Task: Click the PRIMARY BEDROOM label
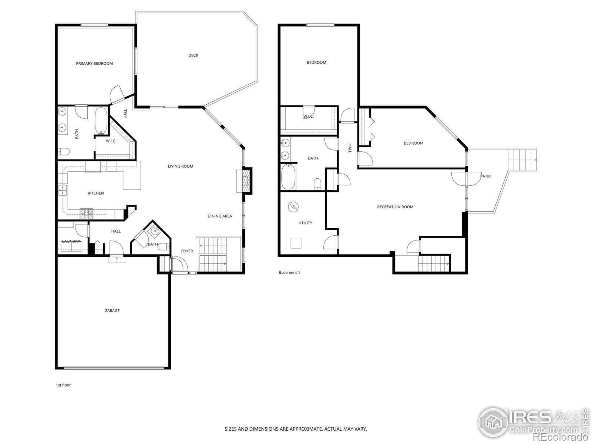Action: click(x=94, y=64)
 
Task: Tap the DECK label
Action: click(x=193, y=55)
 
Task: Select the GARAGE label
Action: click(x=112, y=310)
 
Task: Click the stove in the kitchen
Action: click(x=86, y=214)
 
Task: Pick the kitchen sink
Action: click(x=63, y=190)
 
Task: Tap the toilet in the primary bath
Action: click(x=63, y=151)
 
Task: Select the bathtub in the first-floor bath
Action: click(x=101, y=121)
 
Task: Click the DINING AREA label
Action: click(x=219, y=216)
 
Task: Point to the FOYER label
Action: click(x=187, y=251)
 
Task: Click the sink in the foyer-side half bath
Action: click(x=155, y=231)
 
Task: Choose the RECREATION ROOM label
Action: click(x=395, y=207)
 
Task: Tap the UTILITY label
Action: click(x=305, y=223)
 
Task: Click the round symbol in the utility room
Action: click(x=293, y=207)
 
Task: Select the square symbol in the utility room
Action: click(x=296, y=243)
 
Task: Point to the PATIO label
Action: click(x=485, y=176)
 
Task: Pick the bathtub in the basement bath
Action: click(x=288, y=177)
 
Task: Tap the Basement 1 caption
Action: click(x=289, y=273)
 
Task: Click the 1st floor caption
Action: click(x=63, y=385)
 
